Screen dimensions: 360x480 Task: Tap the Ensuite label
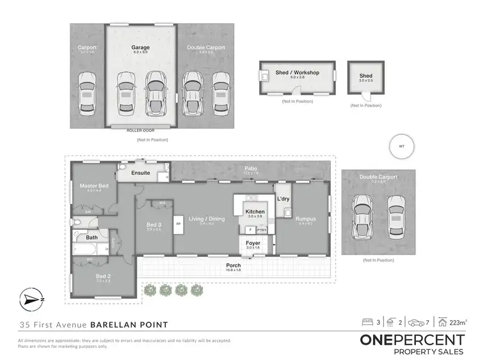pos(140,173)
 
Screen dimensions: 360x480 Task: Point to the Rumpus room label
pos(306,219)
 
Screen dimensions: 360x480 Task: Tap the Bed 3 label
pos(154,225)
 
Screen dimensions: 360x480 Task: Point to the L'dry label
pos(284,200)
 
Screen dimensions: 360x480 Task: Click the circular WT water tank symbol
pos(402,146)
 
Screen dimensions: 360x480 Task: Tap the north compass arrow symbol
pos(29,299)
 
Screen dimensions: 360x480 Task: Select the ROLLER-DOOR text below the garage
pos(141,130)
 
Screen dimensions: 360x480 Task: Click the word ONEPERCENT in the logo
pos(413,340)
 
